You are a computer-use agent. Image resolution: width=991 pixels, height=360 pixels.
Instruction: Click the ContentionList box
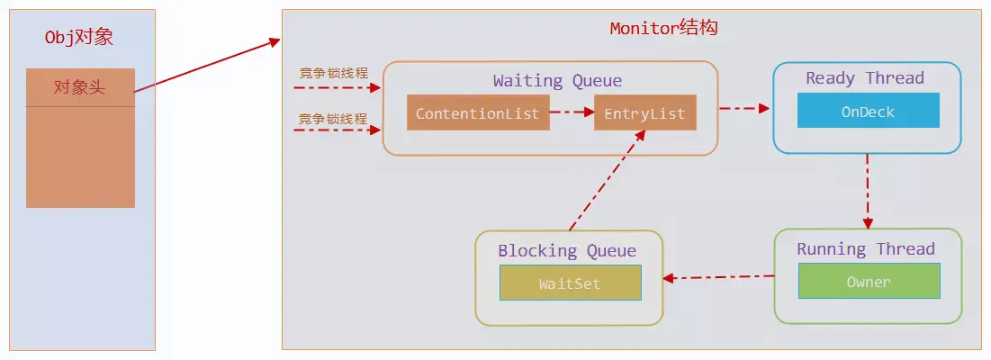(x=477, y=113)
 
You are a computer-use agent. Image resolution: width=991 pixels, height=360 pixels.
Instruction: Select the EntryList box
(x=644, y=113)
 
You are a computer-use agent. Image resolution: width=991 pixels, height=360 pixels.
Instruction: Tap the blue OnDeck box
(x=868, y=112)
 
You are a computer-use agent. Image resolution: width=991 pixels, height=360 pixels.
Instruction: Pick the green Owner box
(x=869, y=282)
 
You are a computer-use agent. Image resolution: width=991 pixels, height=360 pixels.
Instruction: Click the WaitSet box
(x=570, y=283)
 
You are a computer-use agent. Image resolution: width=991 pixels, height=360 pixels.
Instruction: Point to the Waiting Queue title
(x=556, y=80)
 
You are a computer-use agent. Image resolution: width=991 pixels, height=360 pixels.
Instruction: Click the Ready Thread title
(x=864, y=77)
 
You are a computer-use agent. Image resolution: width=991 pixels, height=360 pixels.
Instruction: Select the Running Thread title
(x=865, y=248)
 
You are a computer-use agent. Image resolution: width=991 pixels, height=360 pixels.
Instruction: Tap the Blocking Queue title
(x=567, y=250)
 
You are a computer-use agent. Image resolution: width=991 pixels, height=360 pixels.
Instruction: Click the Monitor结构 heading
(x=663, y=28)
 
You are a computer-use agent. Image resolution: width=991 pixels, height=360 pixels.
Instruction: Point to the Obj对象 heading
(x=79, y=38)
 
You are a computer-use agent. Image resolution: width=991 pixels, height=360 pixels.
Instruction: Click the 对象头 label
(x=80, y=87)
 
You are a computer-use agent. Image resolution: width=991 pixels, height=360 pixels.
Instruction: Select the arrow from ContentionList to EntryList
(x=572, y=112)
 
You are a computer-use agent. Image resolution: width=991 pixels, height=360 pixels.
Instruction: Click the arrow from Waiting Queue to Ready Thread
(x=744, y=108)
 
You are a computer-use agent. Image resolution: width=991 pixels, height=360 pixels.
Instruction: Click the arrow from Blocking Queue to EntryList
(x=607, y=178)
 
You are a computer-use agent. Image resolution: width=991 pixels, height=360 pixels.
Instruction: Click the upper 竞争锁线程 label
(x=333, y=73)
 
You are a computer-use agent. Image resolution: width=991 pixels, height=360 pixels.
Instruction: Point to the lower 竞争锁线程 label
(x=333, y=118)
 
